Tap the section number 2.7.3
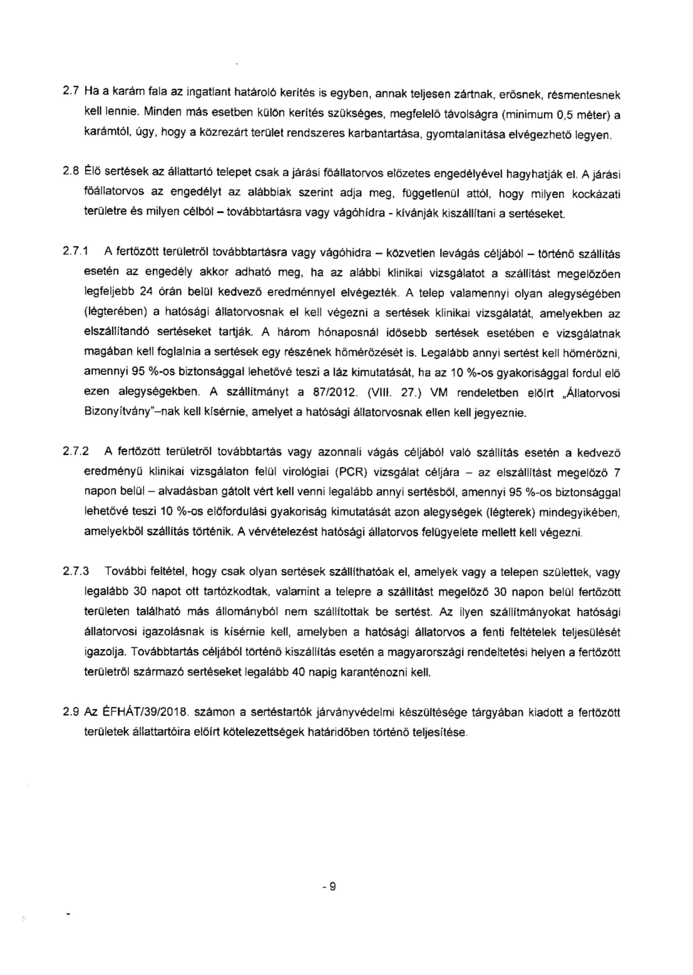tap(75, 572)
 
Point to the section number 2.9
tap(71, 711)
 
